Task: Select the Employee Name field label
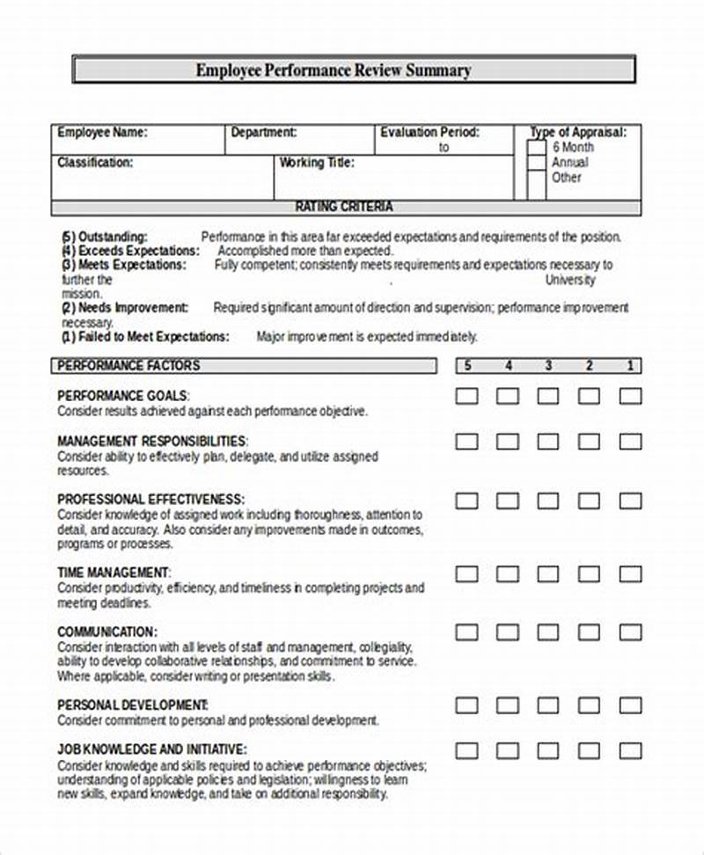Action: pyautogui.click(x=102, y=133)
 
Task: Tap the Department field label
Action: pyautogui.click(x=263, y=133)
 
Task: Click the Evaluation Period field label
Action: pyautogui.click(x=429, y=133)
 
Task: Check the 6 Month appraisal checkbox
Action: pyautogui.click(x=536, y=149)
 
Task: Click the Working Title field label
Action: pyautogui.click(x=316, y=163)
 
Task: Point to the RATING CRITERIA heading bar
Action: pyautogui.click(x=344, y=208)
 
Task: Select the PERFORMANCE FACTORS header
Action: pyautogui.click(x=128, y=366)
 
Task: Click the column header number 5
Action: pyautogui.click(x=467, y=366)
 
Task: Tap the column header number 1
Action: pyautogui.click(x=630, y=366)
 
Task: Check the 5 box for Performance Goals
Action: pyautogui.click(x=467, y=397)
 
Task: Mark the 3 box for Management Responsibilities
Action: pyautogui.click(x=548, y=441)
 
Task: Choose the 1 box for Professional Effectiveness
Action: pyautogui.click(x=630, y=501)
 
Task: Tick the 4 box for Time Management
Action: pyautogui.click(x=508, y=574)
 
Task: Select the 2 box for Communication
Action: pyautogui.click(x=589, y=632)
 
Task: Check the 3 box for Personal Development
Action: pyautogui.click(x=548, y=705)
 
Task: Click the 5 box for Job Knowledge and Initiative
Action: pyautogui.click(x=467, y=750)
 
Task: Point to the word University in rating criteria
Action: pyautogui.click(x=569, y=281)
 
